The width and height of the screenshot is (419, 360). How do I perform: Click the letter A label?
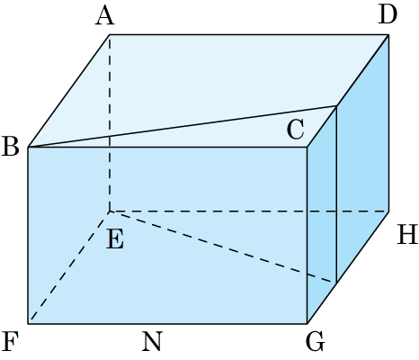pyautogui.click(x=105, y=16)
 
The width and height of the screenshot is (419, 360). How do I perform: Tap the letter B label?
pyautogui.click(x=11, y=147)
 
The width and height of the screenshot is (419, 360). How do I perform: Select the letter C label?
pyautogui.click(x=296, y=130)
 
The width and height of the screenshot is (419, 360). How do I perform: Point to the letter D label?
pyautogui.click(x=388, y=14)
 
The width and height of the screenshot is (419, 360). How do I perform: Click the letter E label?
pyautogui.click(x=115, y=239)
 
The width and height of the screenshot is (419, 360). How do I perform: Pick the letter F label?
pyautogui.click(x=10, y=342)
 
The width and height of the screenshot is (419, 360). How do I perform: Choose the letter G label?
pyautogui.click(x=316, y=342)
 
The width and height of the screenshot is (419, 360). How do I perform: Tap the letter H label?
pyautogui.click(x=407, y=234)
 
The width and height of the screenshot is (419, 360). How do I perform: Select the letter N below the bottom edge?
pyautogui.click(x=152, y=342)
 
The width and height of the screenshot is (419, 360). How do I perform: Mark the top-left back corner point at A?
pyautogui.click(x=110, y=35)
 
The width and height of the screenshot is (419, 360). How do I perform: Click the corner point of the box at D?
pyautogui.click(x=388, y=35)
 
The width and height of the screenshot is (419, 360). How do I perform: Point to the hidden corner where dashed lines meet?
pyautogui.click(x=110, y=211)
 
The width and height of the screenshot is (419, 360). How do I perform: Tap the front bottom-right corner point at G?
pyautogui.click(x=308, y=324)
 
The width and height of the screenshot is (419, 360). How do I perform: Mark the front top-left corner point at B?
pyautogui.click(x=28, y=147)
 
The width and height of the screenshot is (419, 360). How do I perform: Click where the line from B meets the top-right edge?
pyautogui.click(x=336, y=106)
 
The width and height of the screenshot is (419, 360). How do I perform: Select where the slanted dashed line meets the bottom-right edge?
pyautogui.click(x=336, y=283)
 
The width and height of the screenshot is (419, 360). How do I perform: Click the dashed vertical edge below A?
pyautogui.click(x=110, y=123)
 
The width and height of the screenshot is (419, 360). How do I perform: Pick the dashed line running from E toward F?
pyautogui.click(x=69, y=267)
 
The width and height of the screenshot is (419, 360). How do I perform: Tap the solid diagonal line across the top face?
pyautogui.click(x=183, y=126)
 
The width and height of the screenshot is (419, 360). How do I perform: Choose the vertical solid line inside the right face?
pyautogui.click(x=336, y=194)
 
